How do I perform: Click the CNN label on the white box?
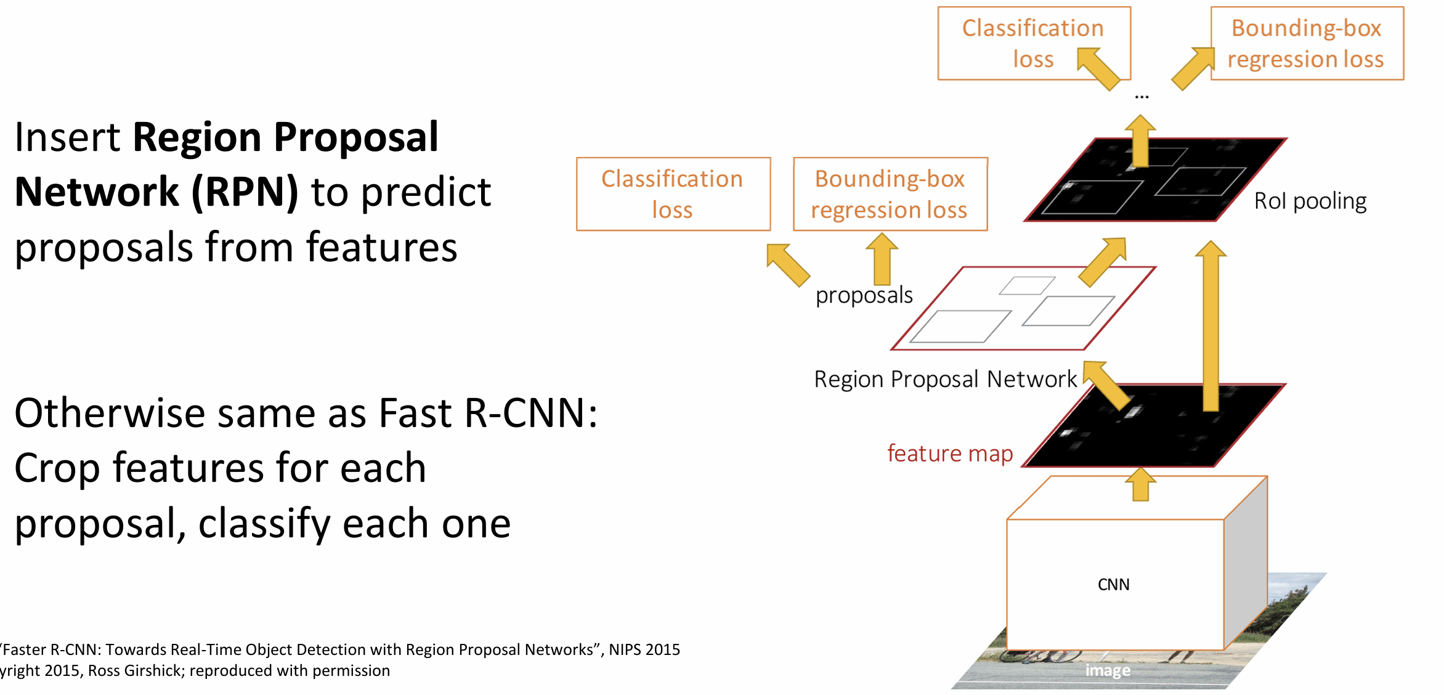[1113, 584]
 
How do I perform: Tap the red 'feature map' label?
[950, 453]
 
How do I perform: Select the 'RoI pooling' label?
[1310, 201]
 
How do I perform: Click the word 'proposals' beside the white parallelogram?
[864, 295]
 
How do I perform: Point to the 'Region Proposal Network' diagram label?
[945, 379]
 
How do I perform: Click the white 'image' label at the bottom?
[1108, 670]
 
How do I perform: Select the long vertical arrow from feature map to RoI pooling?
[1211, 327]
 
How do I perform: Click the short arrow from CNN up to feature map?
[1141, 485]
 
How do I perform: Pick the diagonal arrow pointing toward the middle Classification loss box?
[788, 265]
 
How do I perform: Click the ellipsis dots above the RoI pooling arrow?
[1142, 97]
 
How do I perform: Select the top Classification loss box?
[1034, 43]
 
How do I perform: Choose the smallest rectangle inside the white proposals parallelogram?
[1027, 285]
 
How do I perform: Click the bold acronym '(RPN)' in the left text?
[245, 192]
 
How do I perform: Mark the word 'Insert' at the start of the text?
[67, 137]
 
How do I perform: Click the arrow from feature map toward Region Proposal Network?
[1107, 386]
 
